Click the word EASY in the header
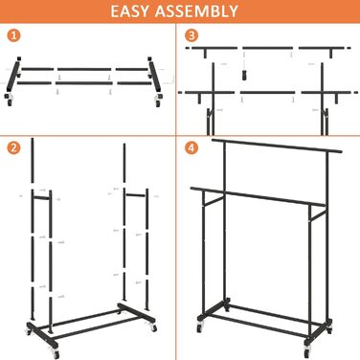129,11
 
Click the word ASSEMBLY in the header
196,11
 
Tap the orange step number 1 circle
13,35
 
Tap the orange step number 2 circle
13,147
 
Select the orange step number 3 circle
191,35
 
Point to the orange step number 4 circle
191,147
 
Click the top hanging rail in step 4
277,146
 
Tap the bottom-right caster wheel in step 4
307,351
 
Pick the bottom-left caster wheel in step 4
200,326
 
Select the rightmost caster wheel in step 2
153,327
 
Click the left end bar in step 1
13,75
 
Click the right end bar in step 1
154,75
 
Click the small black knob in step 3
244,76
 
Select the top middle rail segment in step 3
267,48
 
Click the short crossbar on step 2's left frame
42,198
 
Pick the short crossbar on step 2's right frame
136,194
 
